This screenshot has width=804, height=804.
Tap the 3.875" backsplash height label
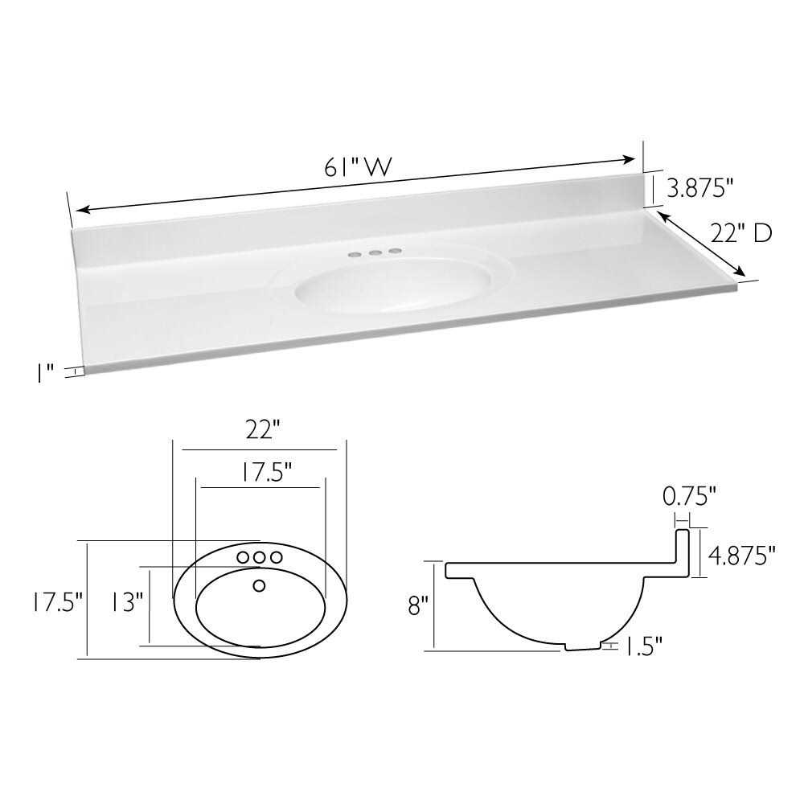click(x=699, y=189)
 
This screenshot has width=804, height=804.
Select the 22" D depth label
click(x=740, y=233)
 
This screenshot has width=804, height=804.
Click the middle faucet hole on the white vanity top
click(x=374, y=253)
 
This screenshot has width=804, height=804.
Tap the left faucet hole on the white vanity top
click(x=354, y=254)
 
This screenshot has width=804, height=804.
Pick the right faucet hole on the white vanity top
click(x=394, y=252)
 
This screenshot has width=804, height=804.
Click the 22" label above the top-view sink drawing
click(x=260, y=431)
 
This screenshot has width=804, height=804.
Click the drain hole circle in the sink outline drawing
click(x=259, y=585)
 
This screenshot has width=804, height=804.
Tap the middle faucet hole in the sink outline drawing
click(x=259, y=556)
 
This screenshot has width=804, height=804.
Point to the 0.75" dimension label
click(x=689, y=497)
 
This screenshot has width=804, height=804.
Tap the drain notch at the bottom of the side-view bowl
click(x=584, y=646)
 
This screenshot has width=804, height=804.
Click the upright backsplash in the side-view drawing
click(x=683, y=552)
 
